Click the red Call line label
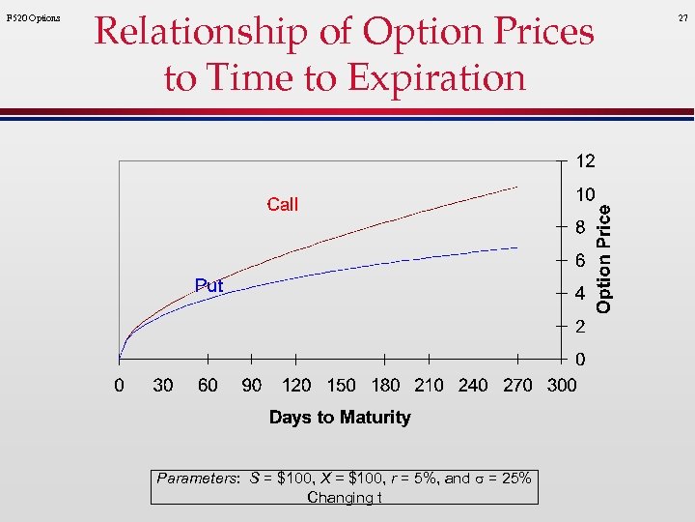coord(282,204)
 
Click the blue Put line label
coord(208,286)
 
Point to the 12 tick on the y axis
coord(586,160)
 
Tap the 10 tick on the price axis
coord(585,194)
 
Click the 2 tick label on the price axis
coord(579,328)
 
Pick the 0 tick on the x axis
coord(119,386)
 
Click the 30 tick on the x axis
coord(163,386)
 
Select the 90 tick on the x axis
coord(251,386)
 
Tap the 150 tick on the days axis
coord(341,386)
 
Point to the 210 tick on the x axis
coord(429,386)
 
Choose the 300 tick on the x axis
coord(562,386)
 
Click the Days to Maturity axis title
coord(340,418)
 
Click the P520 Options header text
coord(33,18)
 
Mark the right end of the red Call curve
coord(518,186)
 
